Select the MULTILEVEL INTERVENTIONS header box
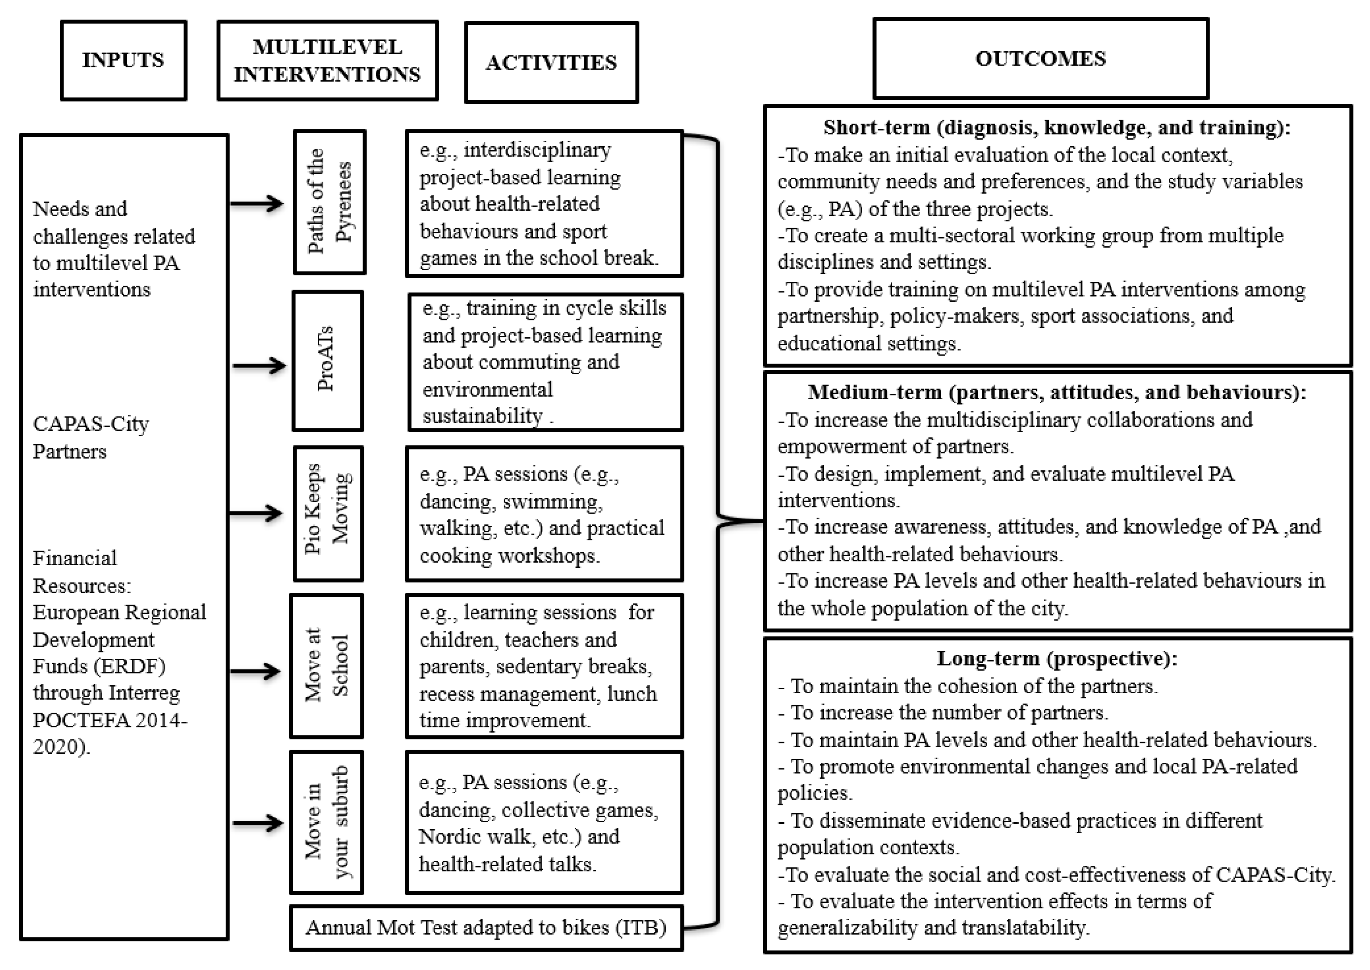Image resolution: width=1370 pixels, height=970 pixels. point(327,60)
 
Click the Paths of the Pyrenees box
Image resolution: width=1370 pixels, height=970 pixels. point(329,202)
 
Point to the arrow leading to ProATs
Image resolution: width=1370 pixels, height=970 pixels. point(258,365)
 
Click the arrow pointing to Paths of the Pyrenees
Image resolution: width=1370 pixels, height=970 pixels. point(257,204)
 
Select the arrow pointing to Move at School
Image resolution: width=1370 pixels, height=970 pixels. point(256,671)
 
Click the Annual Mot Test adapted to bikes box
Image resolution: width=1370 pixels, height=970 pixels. point(485,927)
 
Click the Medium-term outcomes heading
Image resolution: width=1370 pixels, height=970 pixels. point(1057,392)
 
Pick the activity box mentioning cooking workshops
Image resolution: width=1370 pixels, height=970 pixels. point(543,514)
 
